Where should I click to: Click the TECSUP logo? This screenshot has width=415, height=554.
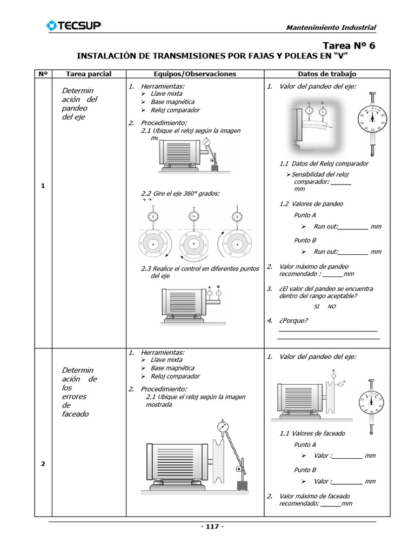pyautogui.click(x=73, y=25)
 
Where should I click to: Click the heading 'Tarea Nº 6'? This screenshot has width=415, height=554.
pyautogui.click(x=349, y=45)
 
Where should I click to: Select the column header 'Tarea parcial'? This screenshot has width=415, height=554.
pyautogui.click(x=89, y=74)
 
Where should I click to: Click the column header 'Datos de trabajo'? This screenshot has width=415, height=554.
pyautogui.click(x=327, y=74)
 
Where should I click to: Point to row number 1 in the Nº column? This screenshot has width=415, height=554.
pyautogui.click(x=43, y=186)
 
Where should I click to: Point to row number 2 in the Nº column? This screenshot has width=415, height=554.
pyautogui.click(x=43, y=464)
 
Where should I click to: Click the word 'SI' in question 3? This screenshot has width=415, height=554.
pyautogui.click(x=317, y=306)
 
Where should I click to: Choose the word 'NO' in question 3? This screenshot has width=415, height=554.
pyautogui.click(x=332, y=306)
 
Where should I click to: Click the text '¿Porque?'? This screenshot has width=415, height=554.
pyautogui.click(x=293, y=320)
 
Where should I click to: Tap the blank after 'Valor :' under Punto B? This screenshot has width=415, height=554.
pyautogui.click(x=346, y=482)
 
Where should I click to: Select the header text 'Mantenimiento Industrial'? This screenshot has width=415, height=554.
pyautogui.click(x=330, y=28)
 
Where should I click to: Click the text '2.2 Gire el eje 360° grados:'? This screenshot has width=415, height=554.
pyautogui.click(x=180, y=194)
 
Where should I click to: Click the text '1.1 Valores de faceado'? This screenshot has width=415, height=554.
pyautogui.click(x=312, y=433)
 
